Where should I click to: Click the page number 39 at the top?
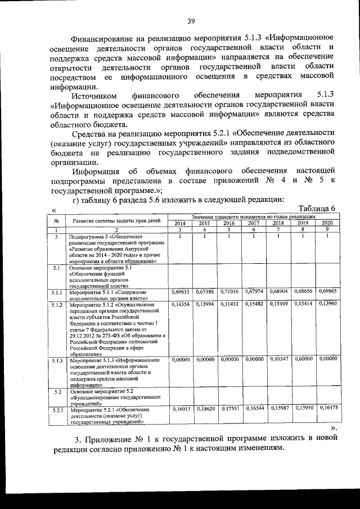click(191, 21)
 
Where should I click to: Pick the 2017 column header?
click(254, 223)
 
